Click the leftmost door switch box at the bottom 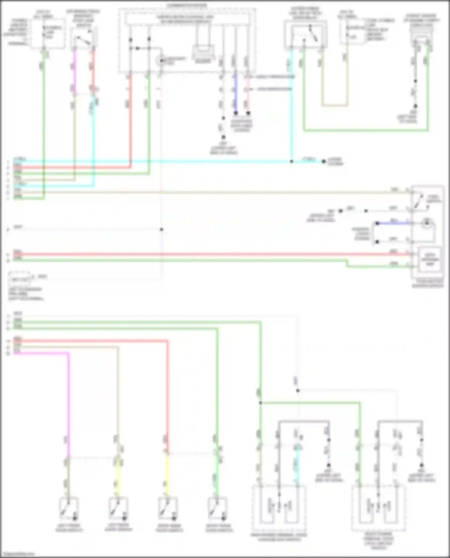[69, 509]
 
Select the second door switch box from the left [118, 509]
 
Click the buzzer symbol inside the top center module [203, 52]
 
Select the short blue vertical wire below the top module [235, 93]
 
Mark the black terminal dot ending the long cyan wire [324, 162]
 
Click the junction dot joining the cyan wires [291, 162]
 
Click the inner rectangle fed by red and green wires [430, 259]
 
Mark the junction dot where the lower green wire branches [260, 403]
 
